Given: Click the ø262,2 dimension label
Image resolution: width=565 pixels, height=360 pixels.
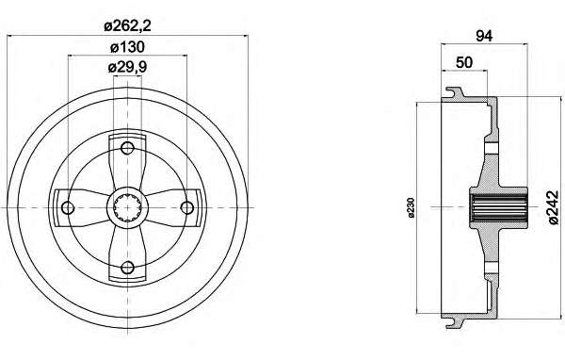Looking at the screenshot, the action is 127,26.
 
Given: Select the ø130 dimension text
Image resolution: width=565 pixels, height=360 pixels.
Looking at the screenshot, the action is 127,47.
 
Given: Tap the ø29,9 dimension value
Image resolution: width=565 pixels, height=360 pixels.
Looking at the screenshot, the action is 127,67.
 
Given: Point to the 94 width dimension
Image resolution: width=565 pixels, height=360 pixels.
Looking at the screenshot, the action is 484,36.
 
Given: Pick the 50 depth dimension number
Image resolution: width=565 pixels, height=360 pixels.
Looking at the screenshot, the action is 464,62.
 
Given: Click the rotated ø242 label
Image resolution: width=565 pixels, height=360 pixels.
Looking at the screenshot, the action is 554,207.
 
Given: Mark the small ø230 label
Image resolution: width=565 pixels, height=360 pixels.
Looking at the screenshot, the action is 412,207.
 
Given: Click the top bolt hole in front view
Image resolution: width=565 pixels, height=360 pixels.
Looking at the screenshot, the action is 127,148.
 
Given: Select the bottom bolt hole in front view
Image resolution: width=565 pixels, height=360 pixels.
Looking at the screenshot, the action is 127,268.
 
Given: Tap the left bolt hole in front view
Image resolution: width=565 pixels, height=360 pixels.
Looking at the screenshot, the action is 68,207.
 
